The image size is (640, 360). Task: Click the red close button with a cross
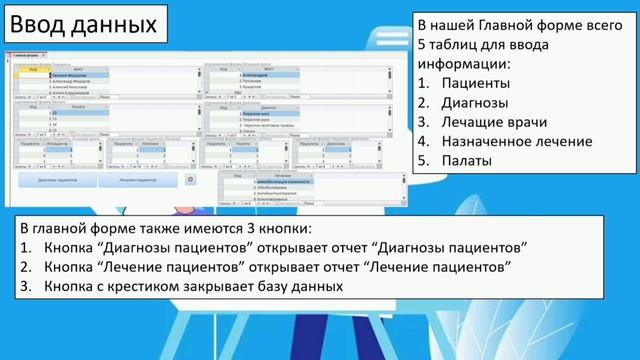pyautogui.click(x=193, y=179)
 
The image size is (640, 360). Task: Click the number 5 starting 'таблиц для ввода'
pyautogui.click(x=421, y=44)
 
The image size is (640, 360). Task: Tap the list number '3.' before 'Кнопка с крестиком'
pyautogui.click(x=27, y=286)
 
